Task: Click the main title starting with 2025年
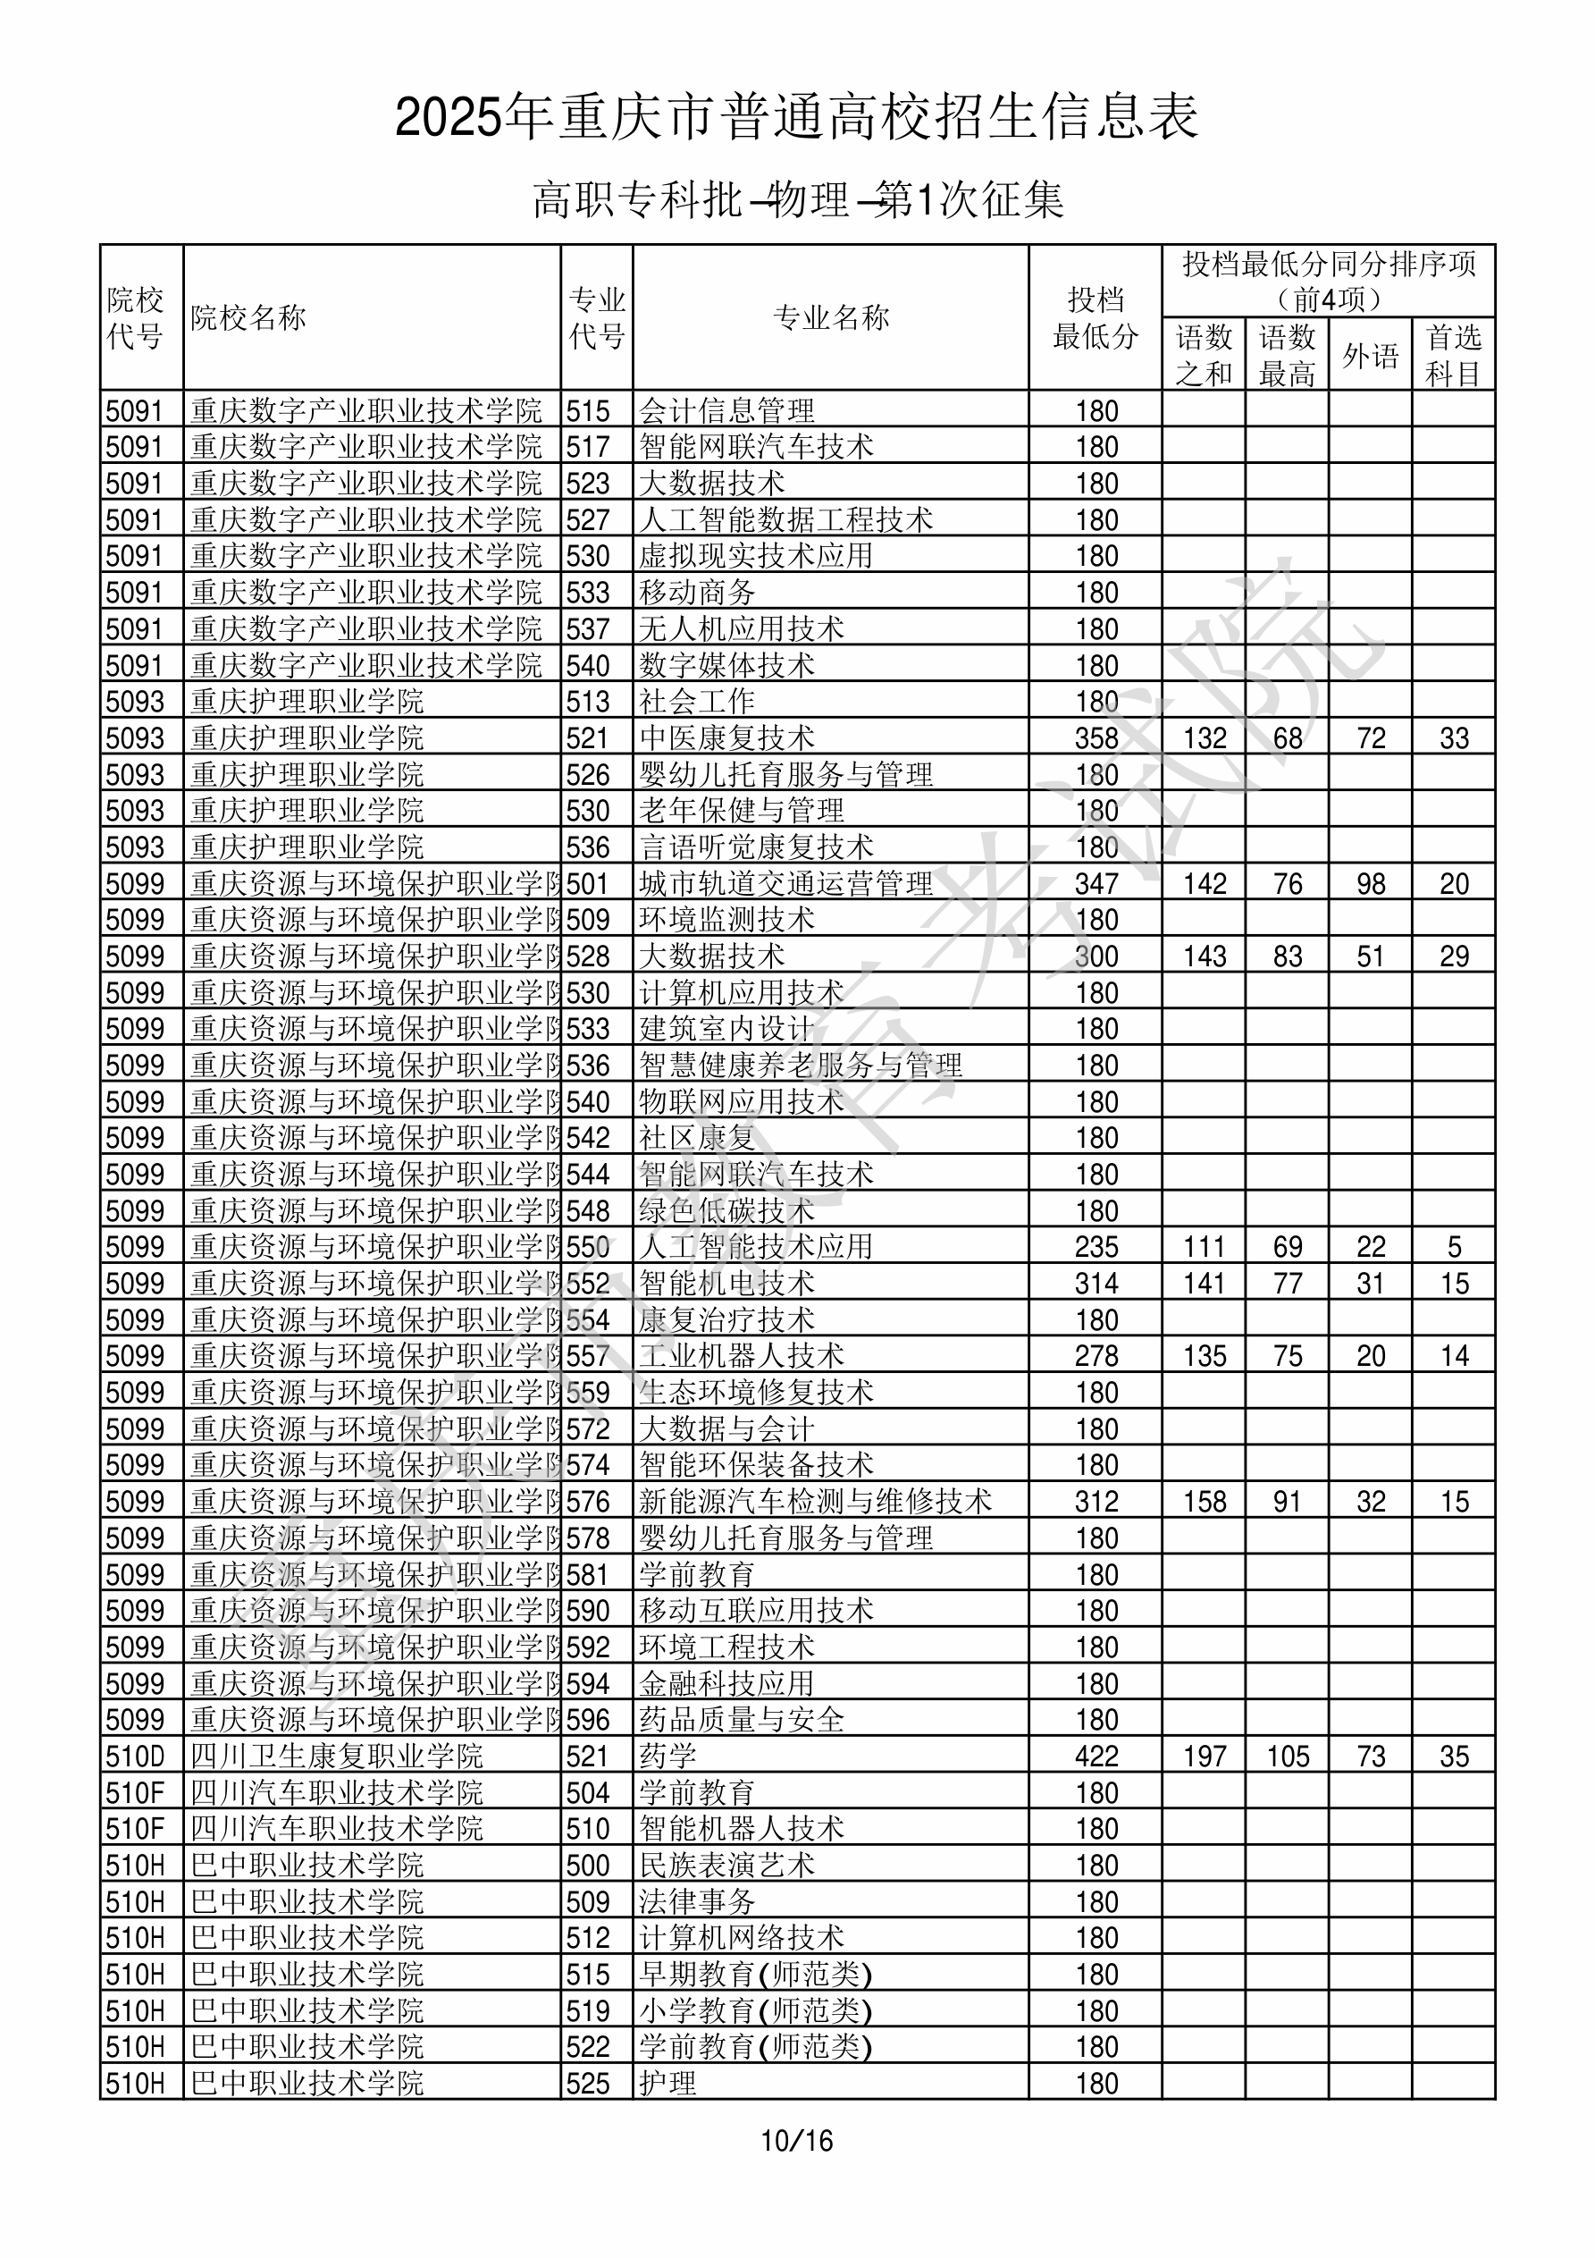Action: (796, 117)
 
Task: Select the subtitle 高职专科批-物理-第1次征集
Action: (797, 199)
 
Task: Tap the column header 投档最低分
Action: (1095, 317)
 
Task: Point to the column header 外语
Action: (1370, 355)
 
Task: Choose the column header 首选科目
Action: (1454, 355)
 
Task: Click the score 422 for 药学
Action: (1096, 1757)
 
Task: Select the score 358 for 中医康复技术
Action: (1096, 738)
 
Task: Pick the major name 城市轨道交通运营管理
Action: (785, 884)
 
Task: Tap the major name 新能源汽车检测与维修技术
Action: (815, 1502)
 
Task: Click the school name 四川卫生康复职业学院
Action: (336, 1757)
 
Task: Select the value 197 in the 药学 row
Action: (1205, 1757)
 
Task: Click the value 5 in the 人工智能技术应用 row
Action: (1454, 1247)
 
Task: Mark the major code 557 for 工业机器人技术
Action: (588, 1356)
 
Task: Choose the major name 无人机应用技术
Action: (742, 629)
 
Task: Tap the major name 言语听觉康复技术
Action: (756, 847)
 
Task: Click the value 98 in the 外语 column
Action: (1370, 884)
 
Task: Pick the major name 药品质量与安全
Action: (742, 1720)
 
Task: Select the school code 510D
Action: (135, 1757)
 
